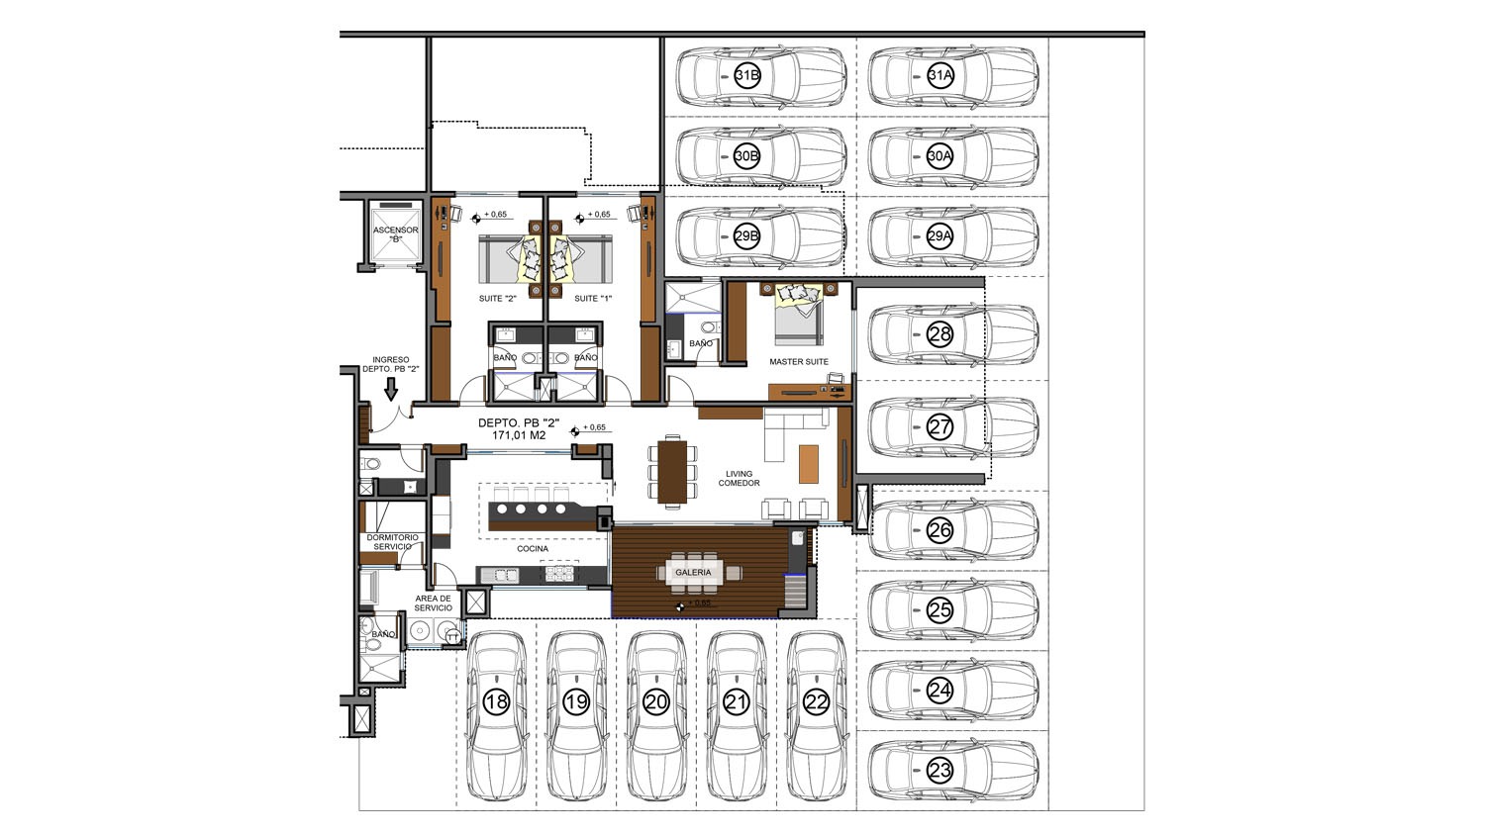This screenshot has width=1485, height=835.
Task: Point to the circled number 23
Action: [x=940, y=771]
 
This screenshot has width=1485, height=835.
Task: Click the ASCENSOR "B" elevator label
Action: [x=396, y=234]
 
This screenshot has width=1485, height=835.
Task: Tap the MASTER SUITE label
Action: [x=799, y=362]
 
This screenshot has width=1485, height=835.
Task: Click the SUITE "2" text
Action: [x=497, y=298]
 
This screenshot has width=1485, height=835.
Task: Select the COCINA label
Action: [x=533, y=549]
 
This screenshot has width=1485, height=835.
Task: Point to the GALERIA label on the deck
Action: [x=693, y=573]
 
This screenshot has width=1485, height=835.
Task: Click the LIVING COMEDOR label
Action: [x=739, y=479]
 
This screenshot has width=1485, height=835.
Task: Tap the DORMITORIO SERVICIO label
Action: [x=392, y=542]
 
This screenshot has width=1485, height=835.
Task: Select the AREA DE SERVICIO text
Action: [x=434, y=603]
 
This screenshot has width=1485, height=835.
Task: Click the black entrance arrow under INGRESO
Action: [x=391, y=390]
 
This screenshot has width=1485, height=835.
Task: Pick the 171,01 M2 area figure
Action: [x=519, y=435]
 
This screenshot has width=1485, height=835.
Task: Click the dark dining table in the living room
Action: [x=672, y=472]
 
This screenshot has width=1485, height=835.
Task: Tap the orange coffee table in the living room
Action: [x=808, y=464]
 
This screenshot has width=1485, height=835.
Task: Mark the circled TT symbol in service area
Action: [x=452, y=637]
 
